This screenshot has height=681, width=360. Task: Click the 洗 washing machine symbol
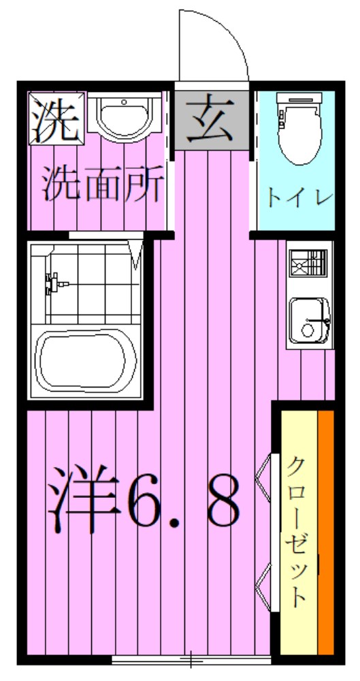[x=56, y=118]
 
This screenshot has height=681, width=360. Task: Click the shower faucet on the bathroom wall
[x=52, y=283]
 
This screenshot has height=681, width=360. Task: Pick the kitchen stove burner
[x=307, y=264]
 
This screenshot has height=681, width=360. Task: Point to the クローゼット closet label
[x=297, y=531]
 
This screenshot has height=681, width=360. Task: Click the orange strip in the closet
[x=326, y=531]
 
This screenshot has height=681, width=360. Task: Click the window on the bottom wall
[x=191, y=659]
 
